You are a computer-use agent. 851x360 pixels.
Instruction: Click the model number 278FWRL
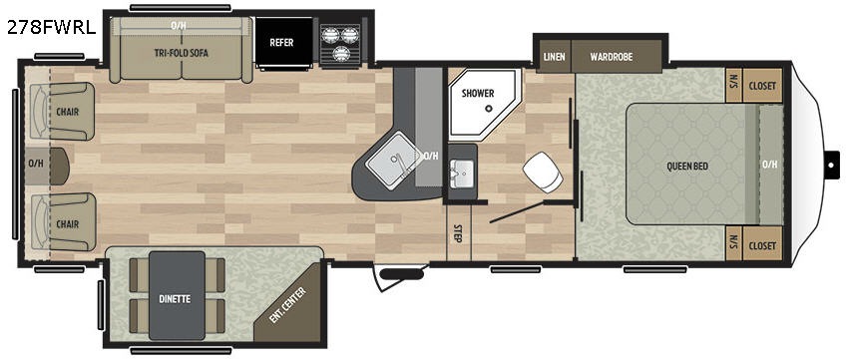pos(51,27)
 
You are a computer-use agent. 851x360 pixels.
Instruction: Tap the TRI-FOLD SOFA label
pos(182,53)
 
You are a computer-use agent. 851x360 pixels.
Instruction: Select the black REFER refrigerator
pos(283,43)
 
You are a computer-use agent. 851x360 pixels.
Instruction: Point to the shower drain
pos(489,108)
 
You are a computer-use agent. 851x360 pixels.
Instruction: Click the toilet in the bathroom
pos(542,172)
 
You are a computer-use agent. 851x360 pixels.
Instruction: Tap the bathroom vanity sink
pos(462,175)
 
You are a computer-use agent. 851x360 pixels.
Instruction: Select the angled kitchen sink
pos(394,158)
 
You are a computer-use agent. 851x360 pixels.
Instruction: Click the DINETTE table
pos(177,295)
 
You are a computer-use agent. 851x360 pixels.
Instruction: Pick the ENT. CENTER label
pos(287,306)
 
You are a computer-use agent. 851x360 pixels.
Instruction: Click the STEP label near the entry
pos(458,233)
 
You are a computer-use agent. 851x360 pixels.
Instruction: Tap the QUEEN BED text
pos(687,166)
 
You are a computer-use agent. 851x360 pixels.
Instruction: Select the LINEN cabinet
pos(554,57)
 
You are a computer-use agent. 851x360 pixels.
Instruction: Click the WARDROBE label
pos(612,57)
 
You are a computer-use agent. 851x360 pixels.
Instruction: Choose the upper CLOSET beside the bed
pos(762,86)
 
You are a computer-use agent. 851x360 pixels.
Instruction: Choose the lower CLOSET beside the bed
pos(762,245)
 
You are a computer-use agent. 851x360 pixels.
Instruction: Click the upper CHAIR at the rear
pos(63,111)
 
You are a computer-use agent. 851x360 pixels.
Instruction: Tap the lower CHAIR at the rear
pos(63,222)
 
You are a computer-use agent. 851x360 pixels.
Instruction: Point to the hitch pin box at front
pos(831,165)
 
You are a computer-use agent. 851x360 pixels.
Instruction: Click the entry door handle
pos(402,274)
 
